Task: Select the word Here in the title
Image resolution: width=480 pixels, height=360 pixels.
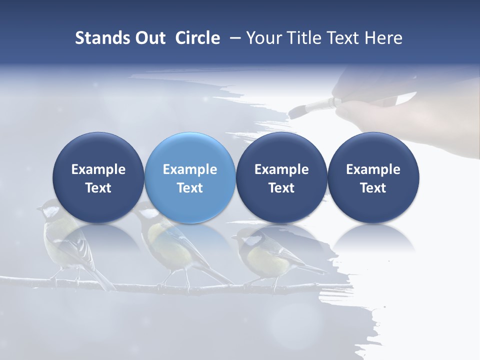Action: pyautogui.click(x=383, y=38)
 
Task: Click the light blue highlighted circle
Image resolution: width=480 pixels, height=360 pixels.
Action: pyautogui.click(x=190, y=178)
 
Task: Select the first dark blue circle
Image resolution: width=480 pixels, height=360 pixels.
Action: pyautogui.click(x=98, y=178)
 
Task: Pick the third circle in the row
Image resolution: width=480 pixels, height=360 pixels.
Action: pyautogui.click(x=281, y=178)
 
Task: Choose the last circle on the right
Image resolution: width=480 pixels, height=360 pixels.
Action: pyautogui.click(x=373, y=178)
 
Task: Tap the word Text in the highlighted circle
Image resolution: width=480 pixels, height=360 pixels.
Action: pyautogui.click(x=190, y=188)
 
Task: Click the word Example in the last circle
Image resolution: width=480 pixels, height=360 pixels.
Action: pyautogui.click(x=373, y=169)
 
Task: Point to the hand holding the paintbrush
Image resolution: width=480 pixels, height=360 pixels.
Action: pyautogui.click(x=365, y=107)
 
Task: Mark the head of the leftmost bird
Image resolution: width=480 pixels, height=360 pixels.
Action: pyautogui.click(x=50, y=208)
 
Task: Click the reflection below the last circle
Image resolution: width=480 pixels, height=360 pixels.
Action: pyautogui.click(x=373, y=237)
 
